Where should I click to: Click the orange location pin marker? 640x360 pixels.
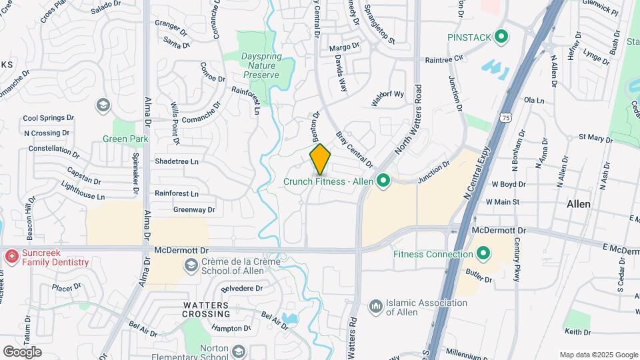tap(321, 159)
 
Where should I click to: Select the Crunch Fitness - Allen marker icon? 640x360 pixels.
tap(383, 180)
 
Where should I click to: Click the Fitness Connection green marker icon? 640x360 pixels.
tap(483, 253)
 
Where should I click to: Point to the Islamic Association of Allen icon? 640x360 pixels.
tap(375, 305)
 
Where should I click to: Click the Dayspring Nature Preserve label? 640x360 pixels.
tap(260, 67)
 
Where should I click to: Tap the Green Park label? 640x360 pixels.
tap(125, 139)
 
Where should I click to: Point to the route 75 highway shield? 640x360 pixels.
tap(508, 117)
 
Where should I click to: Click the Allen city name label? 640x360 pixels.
tap(578, 204)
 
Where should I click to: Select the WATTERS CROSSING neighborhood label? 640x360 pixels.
tap(197, 309)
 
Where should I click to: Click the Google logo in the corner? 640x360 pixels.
tap(22, 352)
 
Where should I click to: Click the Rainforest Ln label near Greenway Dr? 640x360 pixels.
tap(177, 193)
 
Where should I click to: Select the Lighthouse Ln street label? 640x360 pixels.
tap(83, 192)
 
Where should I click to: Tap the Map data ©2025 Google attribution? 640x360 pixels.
tap(598, 355)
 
